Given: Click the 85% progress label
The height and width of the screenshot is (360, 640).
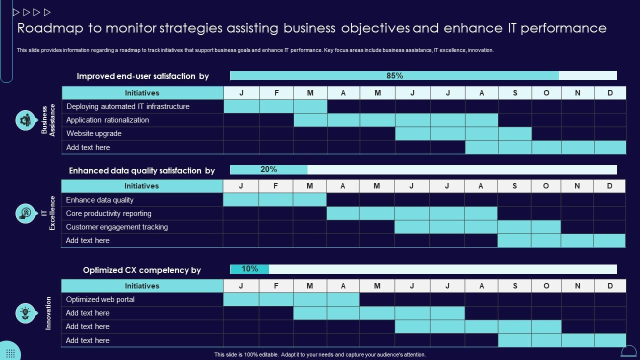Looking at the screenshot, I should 394,76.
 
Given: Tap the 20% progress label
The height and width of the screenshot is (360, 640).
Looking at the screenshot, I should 268,169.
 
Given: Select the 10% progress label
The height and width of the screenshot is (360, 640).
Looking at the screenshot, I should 249,269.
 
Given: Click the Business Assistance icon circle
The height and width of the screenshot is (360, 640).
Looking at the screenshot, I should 25,120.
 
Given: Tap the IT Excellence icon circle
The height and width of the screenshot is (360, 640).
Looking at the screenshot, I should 25,213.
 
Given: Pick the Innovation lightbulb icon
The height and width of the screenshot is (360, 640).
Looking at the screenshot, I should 25,313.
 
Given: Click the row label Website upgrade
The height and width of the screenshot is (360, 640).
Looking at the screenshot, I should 94,133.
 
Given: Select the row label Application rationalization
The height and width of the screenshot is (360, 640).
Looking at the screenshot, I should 107,120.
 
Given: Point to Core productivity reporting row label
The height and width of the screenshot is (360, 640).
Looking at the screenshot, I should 108,213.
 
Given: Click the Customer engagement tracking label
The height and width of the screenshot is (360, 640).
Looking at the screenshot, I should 117,227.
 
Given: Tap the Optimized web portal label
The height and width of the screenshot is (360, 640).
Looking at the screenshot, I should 100,299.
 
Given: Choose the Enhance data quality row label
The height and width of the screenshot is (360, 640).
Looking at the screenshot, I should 100,200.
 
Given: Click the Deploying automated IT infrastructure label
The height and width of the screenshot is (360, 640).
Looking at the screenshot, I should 128,106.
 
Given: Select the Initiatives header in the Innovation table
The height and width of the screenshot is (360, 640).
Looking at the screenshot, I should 142,286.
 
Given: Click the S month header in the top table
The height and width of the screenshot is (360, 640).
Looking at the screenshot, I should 515,93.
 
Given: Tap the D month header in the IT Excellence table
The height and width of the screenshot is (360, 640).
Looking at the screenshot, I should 609,186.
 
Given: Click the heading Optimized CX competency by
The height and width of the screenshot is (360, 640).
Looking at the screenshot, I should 142,270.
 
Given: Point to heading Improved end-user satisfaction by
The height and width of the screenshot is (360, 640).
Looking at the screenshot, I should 143,76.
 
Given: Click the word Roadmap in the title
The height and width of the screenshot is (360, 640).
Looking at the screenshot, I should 48,28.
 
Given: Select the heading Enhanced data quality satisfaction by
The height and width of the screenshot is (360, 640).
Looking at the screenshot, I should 142,170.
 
